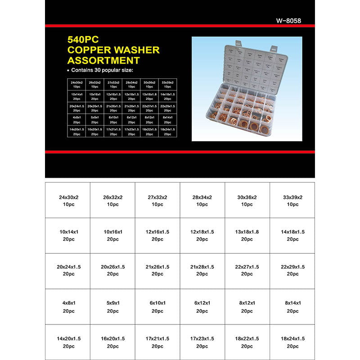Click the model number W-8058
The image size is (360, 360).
click(288, 20)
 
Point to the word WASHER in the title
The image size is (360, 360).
click(138, 50)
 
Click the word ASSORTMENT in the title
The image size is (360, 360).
click(103, 60)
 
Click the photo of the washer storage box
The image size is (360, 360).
click(247, 89)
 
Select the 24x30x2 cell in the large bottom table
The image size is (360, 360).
click(68, 201)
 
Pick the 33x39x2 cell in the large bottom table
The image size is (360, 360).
click(292, 201)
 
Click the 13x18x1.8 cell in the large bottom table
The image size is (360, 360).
click(247, 235)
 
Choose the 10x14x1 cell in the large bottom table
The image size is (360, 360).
click(68, 235)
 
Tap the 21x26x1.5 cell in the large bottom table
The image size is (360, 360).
click(157, 270)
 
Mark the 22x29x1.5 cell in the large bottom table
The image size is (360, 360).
click(292, 270)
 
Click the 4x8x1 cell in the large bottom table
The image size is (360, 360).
click(68, 306)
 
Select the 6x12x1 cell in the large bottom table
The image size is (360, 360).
click(202, 306)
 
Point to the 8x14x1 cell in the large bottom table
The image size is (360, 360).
click(292, 306)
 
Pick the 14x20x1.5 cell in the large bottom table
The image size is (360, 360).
click(68, 342)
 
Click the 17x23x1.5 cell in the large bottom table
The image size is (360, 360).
click(202, 342)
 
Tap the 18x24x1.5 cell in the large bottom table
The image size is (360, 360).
click(292, 342)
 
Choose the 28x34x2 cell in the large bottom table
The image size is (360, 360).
click(202, 201)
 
